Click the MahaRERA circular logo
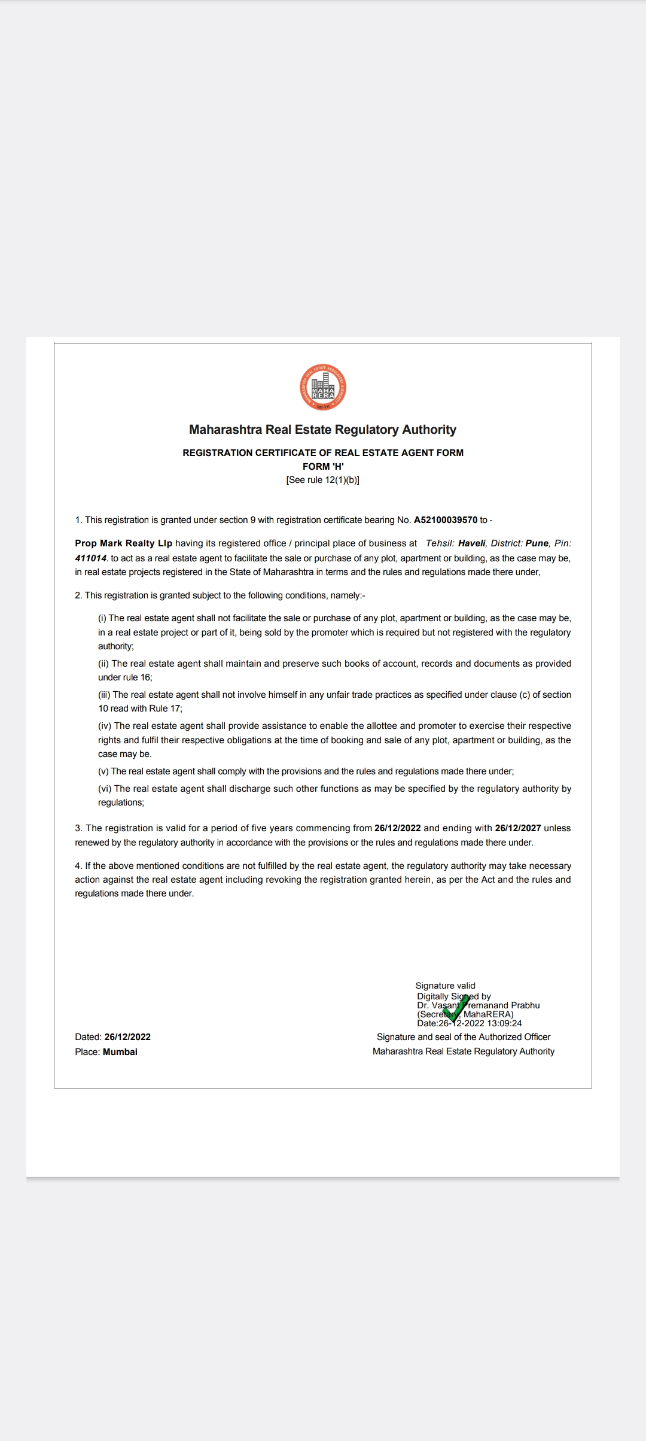pos(323,388)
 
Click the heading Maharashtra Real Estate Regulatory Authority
pos(322,430)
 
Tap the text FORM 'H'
pos(323,466)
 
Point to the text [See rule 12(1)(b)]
pos(323,480)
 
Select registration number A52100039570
pos(446,520)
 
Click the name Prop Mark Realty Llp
pos(123,543)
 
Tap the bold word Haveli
pos(472,543)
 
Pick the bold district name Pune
pos(537,543)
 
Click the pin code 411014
pos(91,558)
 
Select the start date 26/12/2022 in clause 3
pos(398,828)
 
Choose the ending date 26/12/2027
pos(518,828)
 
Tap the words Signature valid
pos(446,986)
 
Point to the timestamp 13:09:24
pos(505,1023)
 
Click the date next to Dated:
pos(127,1037)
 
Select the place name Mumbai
pos(120,1052)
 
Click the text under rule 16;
pos(125,677)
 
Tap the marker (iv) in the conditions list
pos(105,726)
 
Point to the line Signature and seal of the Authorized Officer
pos(464,1037)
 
